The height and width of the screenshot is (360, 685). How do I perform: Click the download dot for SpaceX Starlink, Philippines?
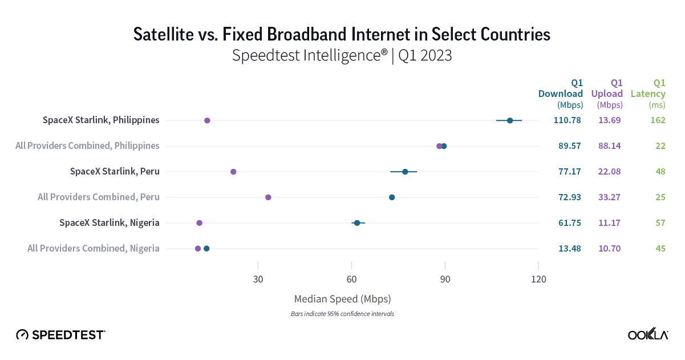pos(510,120)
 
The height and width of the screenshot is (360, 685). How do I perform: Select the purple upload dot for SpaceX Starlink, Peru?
pos(233,172)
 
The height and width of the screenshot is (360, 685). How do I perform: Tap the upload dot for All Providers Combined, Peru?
pos(268,197)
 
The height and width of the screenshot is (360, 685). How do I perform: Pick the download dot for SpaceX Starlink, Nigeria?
pos(357,223)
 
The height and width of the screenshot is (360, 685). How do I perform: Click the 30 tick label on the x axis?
pos(258,280)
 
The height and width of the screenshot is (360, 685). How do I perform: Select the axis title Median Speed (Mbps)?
pos(342,299)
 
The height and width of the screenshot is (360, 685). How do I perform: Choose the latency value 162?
pos(658,120)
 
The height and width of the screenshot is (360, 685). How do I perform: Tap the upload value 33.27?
pos(609,197)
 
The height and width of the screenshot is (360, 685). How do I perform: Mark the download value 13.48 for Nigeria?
pos(569,248)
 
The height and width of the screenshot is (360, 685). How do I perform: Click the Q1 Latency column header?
pos(648,94)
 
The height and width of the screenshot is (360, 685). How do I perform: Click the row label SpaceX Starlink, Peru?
pos(115,172)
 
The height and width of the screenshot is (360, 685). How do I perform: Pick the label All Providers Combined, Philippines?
pos(87,146)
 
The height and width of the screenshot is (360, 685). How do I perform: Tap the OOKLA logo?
pos(648,335)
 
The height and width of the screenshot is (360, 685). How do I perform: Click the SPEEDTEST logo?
pos(60,335)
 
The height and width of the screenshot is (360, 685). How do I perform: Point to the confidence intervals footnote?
pos(342,314)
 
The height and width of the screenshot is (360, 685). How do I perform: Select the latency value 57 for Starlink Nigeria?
pos(660,223)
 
